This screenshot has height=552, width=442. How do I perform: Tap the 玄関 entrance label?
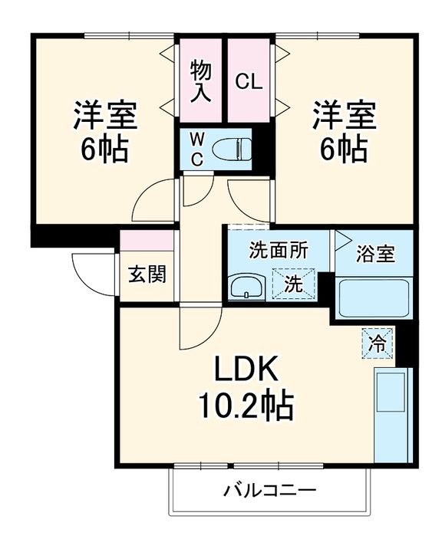coord(146,274)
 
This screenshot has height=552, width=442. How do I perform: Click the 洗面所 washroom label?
coord(279,250)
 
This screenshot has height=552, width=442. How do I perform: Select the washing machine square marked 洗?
coord(294,283)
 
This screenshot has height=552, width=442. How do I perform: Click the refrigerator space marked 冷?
coord(378,340)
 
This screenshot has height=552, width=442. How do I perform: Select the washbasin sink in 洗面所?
coord(246,287)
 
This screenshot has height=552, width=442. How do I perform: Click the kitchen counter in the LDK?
coord(391,414)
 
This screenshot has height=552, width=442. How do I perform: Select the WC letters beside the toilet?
coord(197,148)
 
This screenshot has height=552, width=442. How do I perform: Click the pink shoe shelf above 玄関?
coord(147,239)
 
